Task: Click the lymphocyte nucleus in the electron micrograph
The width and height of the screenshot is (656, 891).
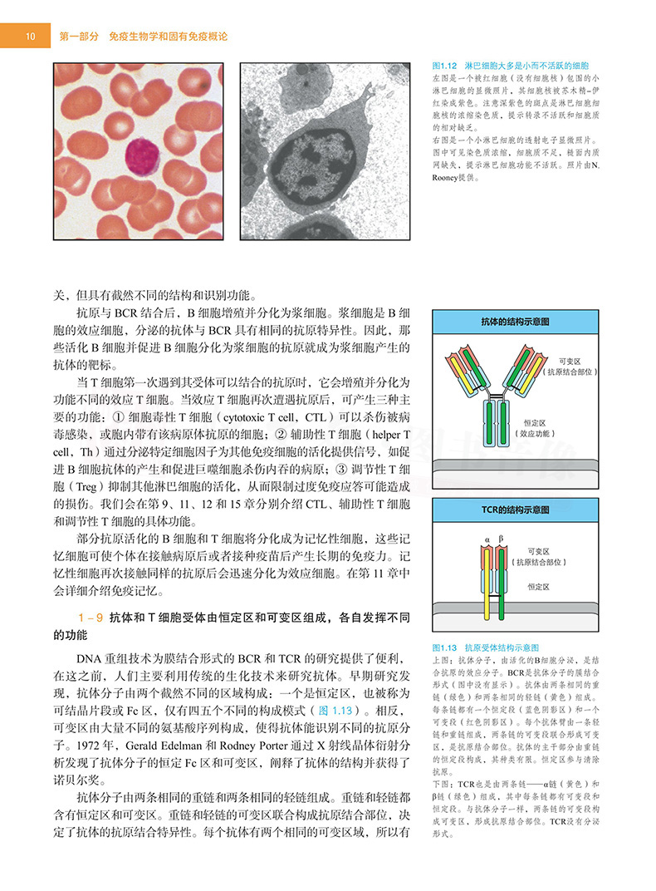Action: coord(314,157)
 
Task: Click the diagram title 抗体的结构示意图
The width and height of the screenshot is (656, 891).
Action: coord(515,321)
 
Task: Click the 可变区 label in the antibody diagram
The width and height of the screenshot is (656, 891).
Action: coord(571,362)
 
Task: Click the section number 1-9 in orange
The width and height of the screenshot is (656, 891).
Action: coord(90,618)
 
